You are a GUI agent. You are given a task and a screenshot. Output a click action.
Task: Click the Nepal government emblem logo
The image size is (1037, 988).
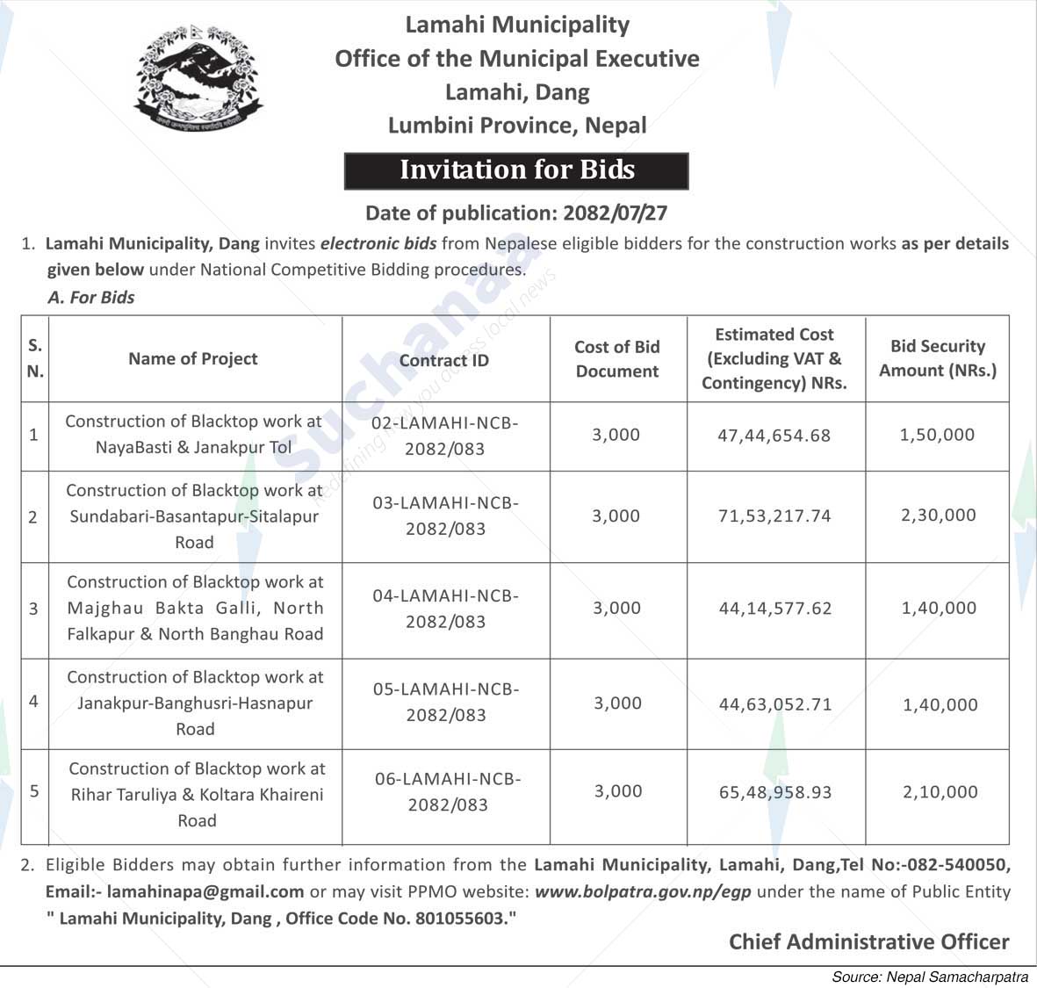tap(198, 77)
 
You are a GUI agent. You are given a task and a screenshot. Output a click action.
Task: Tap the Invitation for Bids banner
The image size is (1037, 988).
tap(516, 170)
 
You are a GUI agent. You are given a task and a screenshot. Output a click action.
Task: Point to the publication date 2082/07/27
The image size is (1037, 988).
tap(616, 213)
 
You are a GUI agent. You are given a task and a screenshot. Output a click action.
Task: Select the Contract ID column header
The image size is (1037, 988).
tap(444, 360)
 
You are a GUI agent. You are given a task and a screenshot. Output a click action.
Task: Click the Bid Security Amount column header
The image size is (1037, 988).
tap(938, 358)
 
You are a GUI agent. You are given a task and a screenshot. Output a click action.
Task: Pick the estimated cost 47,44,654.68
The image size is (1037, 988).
tap(774, 436)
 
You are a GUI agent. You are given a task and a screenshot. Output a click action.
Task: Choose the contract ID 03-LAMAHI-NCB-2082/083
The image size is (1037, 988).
tap(445, 516)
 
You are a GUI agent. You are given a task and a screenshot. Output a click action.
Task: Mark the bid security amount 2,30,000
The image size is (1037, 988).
tap(938, 516)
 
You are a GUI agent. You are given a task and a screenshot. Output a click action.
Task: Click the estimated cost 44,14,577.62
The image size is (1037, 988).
tap(774, 609)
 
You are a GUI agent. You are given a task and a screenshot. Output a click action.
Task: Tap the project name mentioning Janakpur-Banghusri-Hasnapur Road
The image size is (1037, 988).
tap(195, 703)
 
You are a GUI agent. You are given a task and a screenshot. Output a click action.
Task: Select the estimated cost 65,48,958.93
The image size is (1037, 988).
tap(775, 792)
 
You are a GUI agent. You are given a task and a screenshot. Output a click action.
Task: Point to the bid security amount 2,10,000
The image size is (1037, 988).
tap(940, 792)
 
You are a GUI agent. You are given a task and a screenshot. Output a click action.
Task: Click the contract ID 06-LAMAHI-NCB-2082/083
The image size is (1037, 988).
tap(447, 791)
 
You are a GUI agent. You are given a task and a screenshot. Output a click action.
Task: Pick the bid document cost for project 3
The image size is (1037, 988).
tap(616, 608)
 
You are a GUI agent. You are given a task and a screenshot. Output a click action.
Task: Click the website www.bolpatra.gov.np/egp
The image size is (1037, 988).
tap(643, 891)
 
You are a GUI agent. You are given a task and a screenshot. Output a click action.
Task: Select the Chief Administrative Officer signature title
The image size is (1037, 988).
tap(868, 942)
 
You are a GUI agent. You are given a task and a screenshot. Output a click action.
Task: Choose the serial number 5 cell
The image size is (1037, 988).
tap(34, 791)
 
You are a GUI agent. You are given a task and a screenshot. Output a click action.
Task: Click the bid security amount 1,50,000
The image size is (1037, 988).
tap(937, 435)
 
